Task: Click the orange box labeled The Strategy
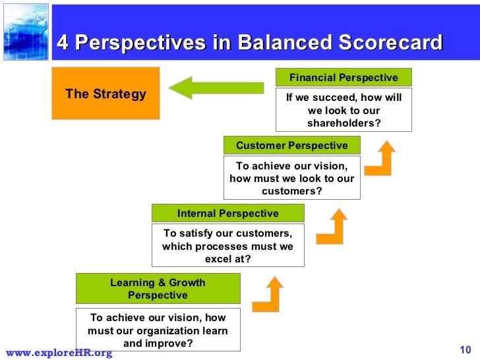(x=105, y=93)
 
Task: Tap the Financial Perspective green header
(x=344, y=77)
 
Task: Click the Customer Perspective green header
(x=291, y=145)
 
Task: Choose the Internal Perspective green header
(x=227, y=213)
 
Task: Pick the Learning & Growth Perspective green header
(x=158, y=289)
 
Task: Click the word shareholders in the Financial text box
(x=344, y=123)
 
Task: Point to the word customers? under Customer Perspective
(x=291, y=191)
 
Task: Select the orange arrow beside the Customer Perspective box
(x=380, y=159)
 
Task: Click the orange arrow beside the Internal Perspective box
(x=332, y=226)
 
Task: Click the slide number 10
(x=464, y=349)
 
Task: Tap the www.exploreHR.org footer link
(x=59, y=353)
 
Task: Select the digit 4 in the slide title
(x=63, y=43)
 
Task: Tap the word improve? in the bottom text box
(x=170, y=344)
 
